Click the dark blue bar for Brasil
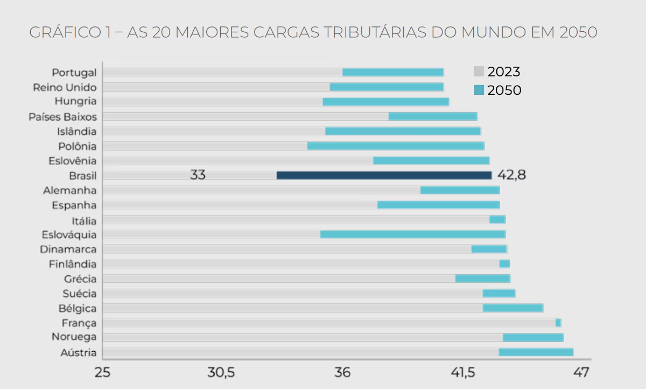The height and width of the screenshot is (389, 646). tap(384, 175)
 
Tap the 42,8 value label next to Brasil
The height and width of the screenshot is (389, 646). tap(511, 175)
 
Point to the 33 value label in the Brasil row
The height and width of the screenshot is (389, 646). tap(198, 175)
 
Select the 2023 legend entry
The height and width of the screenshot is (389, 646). tap(497, 72)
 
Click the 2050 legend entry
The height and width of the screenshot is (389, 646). tap(497, 90)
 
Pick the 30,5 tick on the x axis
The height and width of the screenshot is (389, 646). tap(222, 373)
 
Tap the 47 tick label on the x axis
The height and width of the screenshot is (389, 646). tap(581, 373)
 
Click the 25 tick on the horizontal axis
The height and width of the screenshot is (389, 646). tap(102, 373)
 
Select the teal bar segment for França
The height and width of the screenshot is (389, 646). tap(558, 323)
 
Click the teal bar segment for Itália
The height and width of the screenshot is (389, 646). tap(497, 219)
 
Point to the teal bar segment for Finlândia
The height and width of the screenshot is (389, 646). tap(504, 263)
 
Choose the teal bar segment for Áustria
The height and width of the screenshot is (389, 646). tap(536, 352)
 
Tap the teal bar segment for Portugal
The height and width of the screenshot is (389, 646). tap(393, 72)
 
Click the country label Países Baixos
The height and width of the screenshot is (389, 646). tap(63, 116)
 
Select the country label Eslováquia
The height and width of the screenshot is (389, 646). tap(69, 234)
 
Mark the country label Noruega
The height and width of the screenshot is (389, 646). tap(74, 337)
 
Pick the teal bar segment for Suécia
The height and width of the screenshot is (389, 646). tap(499, 293)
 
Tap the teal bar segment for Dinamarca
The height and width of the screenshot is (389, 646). tap(489, 249)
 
